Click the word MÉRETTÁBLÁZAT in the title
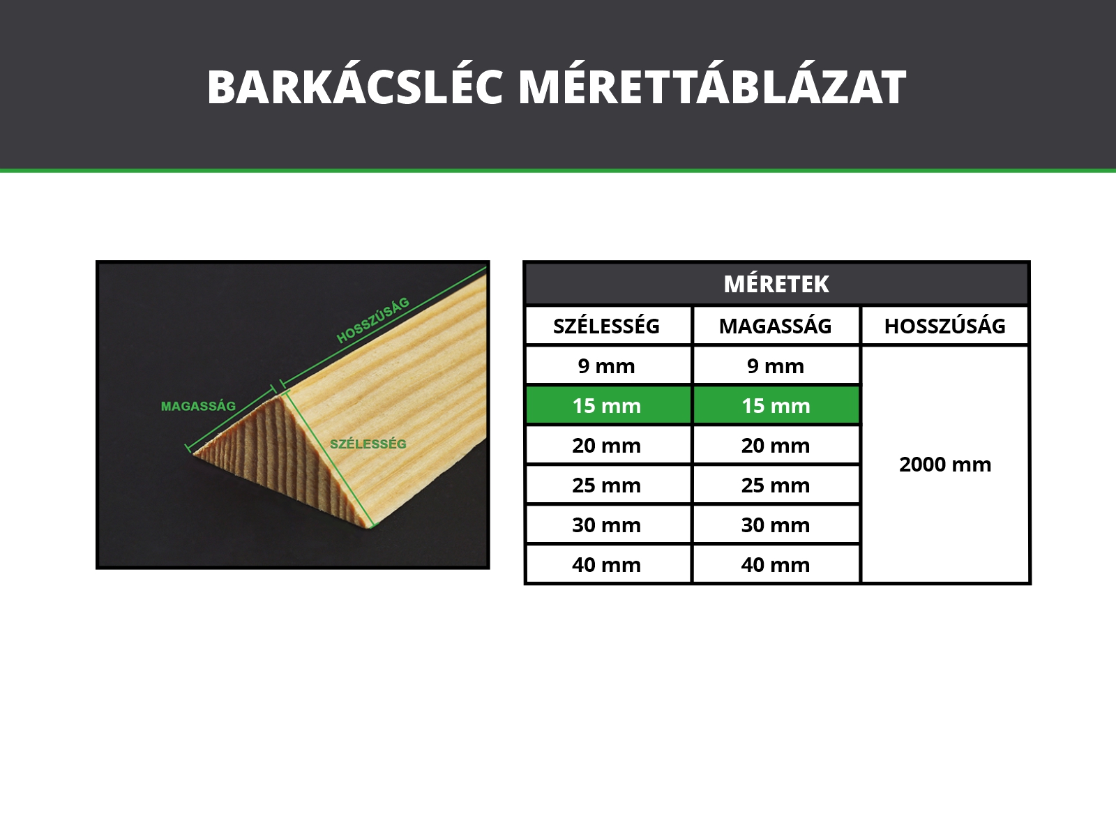[x=712, y=87]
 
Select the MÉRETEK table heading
[x=776, y=284]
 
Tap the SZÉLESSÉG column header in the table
[x=606, y=326]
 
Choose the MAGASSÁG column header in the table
[x=775, y=326]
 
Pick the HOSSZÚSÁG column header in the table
[x=944, y=326]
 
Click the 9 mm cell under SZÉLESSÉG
[x=606, y=366]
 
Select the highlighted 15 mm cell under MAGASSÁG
[x=776, y=405]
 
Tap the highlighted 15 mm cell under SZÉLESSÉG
[x=606, y=405]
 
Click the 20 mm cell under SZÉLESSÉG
[x=606, y=445]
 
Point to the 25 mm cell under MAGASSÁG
[x=776, y=485]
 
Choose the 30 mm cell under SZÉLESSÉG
[x=606, y=525]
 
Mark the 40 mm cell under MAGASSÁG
[x=776, y=564]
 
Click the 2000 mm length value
[x=945, y=465]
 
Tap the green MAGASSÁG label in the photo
[x=198, y=406]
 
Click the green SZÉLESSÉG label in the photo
[x=368, y=444]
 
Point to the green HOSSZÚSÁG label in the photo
[x=372, y=320]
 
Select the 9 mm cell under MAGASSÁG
[x=776, y=366]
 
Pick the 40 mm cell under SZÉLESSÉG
[x=606, y=564]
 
